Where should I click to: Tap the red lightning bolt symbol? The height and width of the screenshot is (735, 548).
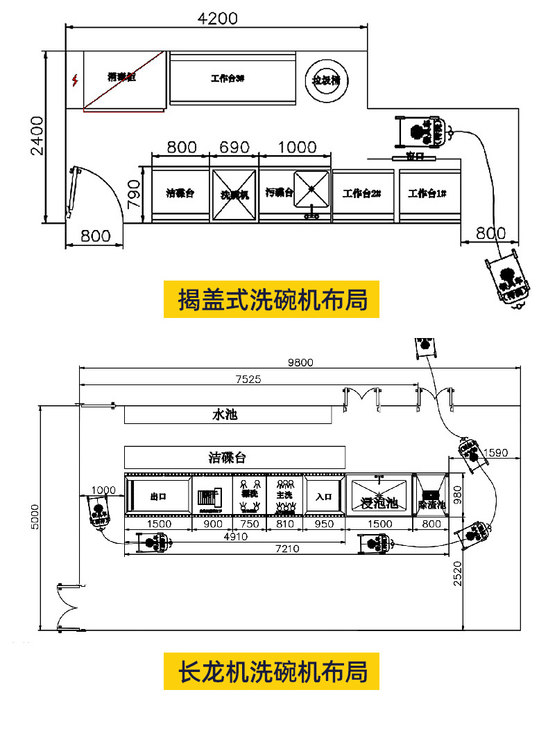coord(75,80)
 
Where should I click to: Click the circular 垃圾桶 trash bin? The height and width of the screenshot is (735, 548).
coord(327,80)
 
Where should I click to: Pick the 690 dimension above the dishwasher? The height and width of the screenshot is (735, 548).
coord(234,148)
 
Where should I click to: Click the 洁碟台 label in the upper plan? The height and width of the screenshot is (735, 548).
coord(180,193)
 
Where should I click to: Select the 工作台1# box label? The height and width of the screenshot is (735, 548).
coord(427,193)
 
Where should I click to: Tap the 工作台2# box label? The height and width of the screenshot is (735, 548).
coord(361,194)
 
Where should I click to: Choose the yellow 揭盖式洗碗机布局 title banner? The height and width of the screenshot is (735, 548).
coord(271,299)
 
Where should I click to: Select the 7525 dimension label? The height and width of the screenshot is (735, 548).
coord(248,378)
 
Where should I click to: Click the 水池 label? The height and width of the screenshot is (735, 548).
coord(225,415)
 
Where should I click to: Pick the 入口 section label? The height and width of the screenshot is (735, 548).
coord(324,496)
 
